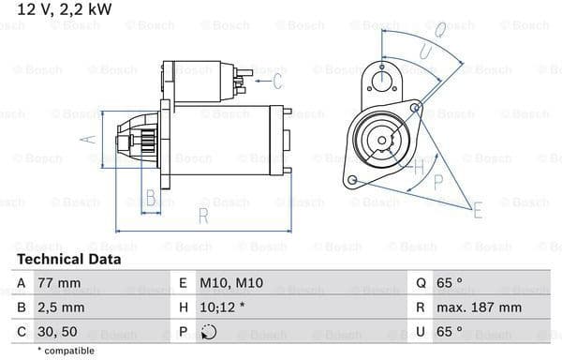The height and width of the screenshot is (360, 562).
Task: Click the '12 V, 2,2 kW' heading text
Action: (65, 9)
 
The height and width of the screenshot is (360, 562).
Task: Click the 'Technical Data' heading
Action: (69, 260)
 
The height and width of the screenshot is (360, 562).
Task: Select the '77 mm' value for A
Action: (59, 283)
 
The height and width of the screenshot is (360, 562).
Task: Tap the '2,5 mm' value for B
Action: (61, 307)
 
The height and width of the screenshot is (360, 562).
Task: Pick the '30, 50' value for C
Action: (57, 331)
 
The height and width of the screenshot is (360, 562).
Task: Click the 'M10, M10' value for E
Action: (231, 283)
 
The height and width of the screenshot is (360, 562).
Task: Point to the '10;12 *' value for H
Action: (222, 307)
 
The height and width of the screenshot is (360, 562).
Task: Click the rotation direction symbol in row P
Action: (209, 332)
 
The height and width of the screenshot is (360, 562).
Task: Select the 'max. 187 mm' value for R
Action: (479, 307)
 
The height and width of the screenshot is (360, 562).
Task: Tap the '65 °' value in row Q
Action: (450, 283)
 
